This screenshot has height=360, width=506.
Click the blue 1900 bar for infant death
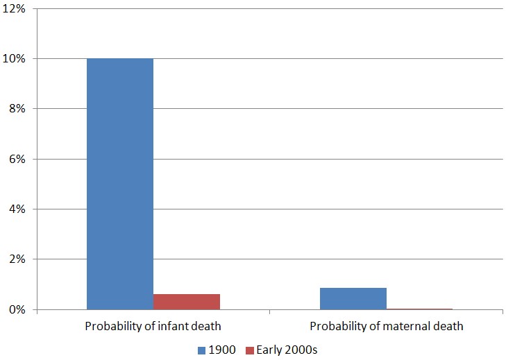tap(120, 184)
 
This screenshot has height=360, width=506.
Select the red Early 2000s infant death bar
tap(187, 302)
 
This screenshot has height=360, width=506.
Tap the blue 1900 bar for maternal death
tap(353, 298)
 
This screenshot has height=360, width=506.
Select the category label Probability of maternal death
tap(386, 326)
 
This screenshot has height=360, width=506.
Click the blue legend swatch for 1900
tap(203, 350)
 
